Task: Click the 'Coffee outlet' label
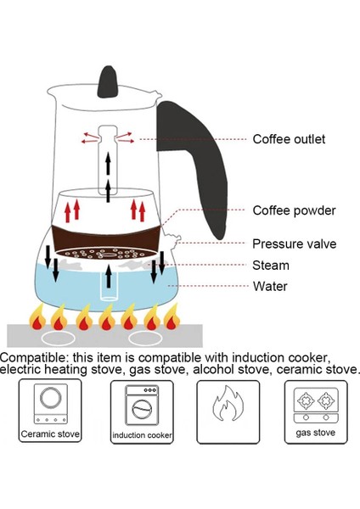click(289, 139)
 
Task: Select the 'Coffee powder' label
click(294, 210)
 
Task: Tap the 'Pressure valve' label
click(294, 244)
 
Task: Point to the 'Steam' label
click(271, 266)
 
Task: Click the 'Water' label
click(270, 286)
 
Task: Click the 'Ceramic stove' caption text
click(51, 434)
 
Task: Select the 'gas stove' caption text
click(315, 433)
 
